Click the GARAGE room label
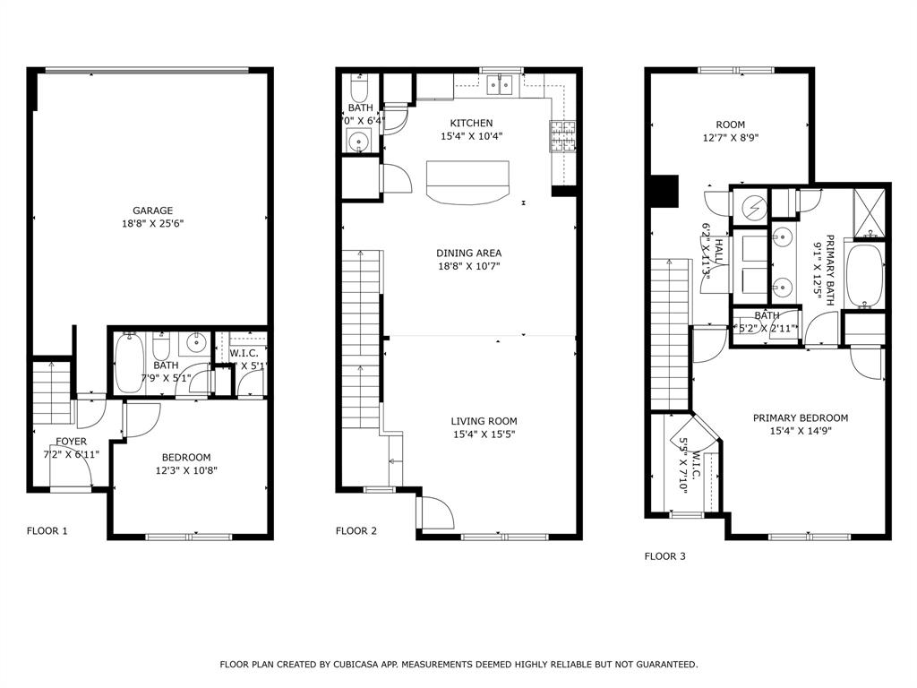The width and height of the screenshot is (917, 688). point(152,211)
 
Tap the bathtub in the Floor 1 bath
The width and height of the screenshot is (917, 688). point(128,363)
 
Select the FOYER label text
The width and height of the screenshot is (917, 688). point(72,442)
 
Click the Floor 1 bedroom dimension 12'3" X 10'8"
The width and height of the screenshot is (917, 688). point(186,469)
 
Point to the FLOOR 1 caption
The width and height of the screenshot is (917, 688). point(47,531)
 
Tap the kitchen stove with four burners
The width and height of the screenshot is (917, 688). point(561,136)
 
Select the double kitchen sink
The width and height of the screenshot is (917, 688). point(499,85)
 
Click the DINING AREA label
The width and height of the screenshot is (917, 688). point(468,253)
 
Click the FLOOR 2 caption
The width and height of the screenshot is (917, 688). point(356,531)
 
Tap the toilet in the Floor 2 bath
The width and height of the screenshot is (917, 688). point(358,89)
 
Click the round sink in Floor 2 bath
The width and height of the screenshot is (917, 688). point(359,141)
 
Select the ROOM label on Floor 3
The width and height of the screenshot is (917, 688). point(730,125)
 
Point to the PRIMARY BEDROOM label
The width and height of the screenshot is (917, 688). point(800,417)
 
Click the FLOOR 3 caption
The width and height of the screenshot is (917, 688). point(665,556)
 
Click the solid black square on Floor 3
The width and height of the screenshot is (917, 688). point(664,190)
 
